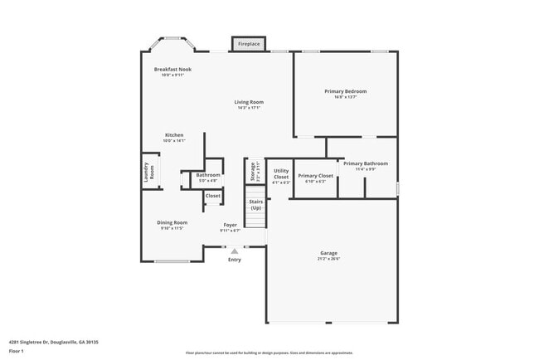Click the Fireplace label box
click(x=249, y=44)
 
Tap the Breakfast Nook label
click(x=172, y=70)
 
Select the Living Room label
click(x=249, y=102)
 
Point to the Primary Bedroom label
click(x=346, y=91)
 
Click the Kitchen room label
click(x=174, y=135)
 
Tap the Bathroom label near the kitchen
click(x=208, y=175)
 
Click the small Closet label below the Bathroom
click(x=213, y=196)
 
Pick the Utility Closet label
click(x=281, y=175)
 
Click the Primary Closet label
click(x=315, y=176)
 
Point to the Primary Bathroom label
click(x=366, y=163)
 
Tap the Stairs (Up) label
click(x=255, y=204)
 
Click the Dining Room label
click(x=172, y=222)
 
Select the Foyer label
click(x=231, y=225)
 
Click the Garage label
click(x=329, y=253)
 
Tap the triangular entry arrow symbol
click(x=235, y=250)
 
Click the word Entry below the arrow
click(x=235, y=260)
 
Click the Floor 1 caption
click(x=17, y=351)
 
